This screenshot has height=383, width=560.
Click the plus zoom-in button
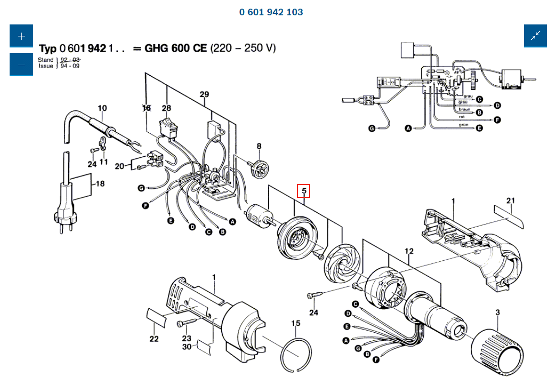tap(21, 36)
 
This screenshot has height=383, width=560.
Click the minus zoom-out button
tap(21, 65)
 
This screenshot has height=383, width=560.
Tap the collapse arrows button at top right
tap(535, 36)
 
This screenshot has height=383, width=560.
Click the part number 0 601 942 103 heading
tap(271, 12)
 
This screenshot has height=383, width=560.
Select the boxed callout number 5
tap(304, 191)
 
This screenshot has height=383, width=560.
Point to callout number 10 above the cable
tap(102, 108)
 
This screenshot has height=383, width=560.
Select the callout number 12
tap(409, 251)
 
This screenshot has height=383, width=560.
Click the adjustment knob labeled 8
tap(261, 167)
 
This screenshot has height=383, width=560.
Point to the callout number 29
tap(204, 94)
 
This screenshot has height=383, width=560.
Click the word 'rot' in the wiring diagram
tap(462, 116)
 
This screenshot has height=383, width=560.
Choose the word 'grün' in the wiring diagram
tap(463, 125)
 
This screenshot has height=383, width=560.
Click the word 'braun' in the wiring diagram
tap(464, 109)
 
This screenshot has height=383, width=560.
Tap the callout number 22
tap(154, 339)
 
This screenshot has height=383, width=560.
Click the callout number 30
tap(187, 347)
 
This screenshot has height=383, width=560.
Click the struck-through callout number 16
tap(146, 108)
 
